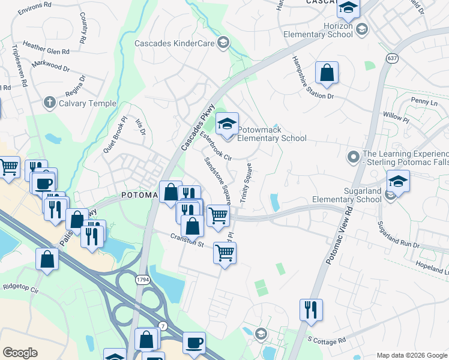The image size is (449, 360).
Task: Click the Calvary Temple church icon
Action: click(x=50, y=103)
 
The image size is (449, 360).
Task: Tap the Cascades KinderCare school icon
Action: click(x=223, y=42)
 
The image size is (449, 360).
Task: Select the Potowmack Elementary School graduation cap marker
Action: click(x=227, y=124)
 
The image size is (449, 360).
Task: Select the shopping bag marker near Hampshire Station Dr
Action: click(x=327, y=73)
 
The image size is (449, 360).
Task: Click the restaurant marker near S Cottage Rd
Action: click(x=311, y=310)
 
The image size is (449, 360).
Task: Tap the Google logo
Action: click(x=20, y=352)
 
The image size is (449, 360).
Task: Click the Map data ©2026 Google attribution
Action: click(x=411, y=355)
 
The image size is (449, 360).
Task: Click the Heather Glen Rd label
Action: click(x=46, y=48)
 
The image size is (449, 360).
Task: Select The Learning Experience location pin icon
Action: click(x=354, y=158)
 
